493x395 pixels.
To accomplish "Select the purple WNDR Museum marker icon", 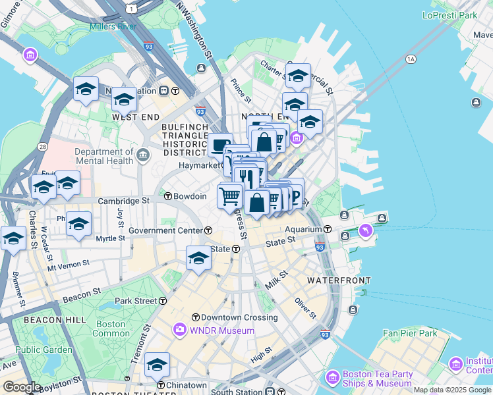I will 180,330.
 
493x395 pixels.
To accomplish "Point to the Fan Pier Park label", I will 410,333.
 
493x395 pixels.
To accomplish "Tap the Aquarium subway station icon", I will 328,229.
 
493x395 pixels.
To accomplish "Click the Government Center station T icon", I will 208,230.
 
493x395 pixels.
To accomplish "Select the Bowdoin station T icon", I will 167,196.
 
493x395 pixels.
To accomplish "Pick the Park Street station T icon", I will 163,301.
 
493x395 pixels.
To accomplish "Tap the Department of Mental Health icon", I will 144,155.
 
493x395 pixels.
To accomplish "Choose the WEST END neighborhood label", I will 136,117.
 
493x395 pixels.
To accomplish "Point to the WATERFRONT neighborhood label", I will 339,280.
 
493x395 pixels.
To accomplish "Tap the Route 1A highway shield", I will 411,59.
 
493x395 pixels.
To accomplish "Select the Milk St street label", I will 277,279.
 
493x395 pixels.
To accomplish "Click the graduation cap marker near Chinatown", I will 158,364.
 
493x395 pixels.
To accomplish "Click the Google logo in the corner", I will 22,387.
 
